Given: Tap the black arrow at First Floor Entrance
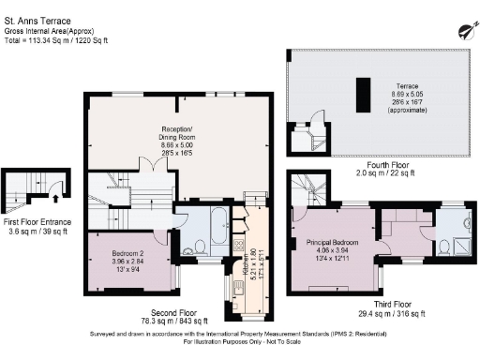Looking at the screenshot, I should pos(58,198).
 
